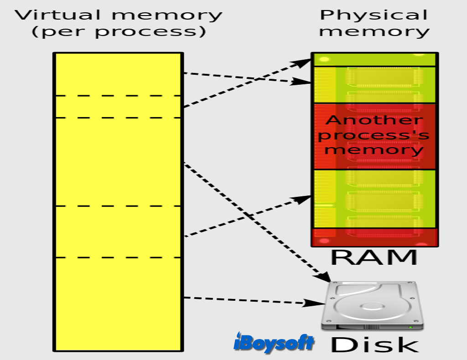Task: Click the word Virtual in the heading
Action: click(58, 15)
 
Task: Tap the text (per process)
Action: click(119, 32)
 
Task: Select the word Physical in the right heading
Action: click(374, 15)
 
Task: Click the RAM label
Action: click(374, 257)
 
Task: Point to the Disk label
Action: click(375, 345)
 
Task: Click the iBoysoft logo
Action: click(274, 342)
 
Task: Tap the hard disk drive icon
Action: click(372, 306)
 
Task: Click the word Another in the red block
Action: click(374, 120)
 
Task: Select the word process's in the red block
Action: click(374, 135)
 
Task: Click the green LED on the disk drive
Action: click(410, 327)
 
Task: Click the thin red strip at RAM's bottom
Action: click(375, 237)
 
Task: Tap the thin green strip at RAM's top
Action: click(375, 60)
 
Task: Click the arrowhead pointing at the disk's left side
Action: click(314, 303)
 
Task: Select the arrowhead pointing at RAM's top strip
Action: click(301, 62)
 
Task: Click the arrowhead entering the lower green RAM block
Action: click(301, 199)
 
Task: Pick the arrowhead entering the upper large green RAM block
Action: click(301, 81)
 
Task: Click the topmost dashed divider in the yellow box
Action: click(118, 96)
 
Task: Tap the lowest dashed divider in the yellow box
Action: click(118, 257)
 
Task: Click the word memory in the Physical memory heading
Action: click(374, 32)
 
